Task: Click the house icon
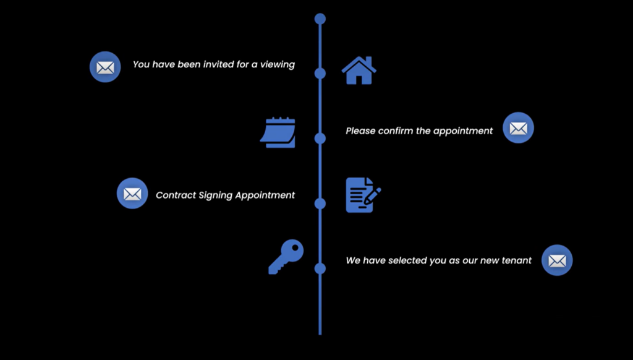(x=359, y=71)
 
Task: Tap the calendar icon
(x=278, y=132)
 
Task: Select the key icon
(x=286, y=256)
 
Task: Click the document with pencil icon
(x=362, y=195)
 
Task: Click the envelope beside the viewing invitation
(x=105, y=67)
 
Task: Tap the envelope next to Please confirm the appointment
(x=518, y=128)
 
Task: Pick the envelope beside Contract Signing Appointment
(x=132, y=194)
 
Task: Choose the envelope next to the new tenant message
(x=557, y=260)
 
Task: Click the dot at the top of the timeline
(x=320, y=19)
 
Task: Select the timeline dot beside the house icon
(x=320, y=74)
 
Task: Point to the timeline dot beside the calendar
(x=320, y=138)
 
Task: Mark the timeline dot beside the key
(x=320, y=268)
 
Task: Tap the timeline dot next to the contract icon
(x=320, y=204)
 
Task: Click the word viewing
(x=278, y=64)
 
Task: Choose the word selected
(x=407, y=260)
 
